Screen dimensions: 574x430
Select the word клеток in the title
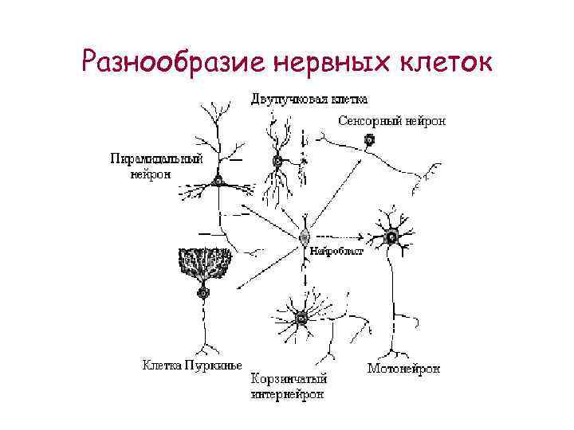pos(442,61)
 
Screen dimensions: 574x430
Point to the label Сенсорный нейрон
pos(391,122)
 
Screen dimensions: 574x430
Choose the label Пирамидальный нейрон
pos(156,166)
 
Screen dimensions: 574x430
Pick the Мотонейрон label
pos(403,369)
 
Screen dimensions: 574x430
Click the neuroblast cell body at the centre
pos(305,236)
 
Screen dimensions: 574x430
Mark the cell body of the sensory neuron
pos(369,141)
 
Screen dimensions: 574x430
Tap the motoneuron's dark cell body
pos(391,236)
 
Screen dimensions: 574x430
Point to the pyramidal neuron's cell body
pos(218,182)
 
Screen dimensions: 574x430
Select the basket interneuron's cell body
pos(301,319)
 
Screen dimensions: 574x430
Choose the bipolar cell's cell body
pos(277,162)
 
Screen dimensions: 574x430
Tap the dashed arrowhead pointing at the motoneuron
pos(362,236)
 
